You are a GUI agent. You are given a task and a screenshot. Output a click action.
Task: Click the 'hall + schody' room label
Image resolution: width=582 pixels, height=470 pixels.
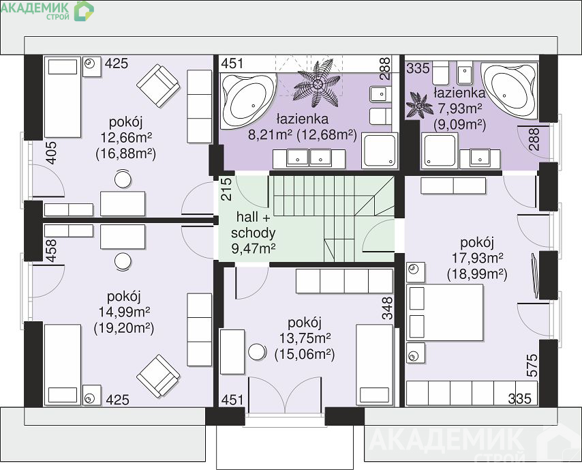pos(253,225)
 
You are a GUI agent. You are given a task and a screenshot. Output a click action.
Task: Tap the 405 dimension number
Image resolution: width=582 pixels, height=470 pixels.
pos(51,153)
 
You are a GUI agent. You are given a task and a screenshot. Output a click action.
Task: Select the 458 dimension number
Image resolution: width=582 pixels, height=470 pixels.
pos(51,250)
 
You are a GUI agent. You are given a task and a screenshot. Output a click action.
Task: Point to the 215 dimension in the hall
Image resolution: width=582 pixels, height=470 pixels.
pos(226,189)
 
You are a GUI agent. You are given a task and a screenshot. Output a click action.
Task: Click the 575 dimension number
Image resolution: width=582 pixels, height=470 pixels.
pos(532,366)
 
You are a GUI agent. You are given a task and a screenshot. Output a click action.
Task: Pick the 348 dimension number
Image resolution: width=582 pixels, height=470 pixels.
pos(387,308)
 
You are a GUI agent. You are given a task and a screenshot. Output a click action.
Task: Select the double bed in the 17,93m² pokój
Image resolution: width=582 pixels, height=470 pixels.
pos(445,312)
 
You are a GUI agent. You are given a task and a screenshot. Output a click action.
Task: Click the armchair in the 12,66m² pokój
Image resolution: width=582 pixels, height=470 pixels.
pos(159,86)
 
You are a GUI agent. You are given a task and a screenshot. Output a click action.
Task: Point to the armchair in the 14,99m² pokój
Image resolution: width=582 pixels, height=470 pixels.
pos(159,376)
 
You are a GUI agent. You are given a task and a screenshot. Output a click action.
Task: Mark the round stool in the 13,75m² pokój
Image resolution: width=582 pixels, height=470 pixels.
pos(257,351)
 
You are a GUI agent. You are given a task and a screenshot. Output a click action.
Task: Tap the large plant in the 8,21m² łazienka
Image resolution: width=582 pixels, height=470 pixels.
pos(317,85)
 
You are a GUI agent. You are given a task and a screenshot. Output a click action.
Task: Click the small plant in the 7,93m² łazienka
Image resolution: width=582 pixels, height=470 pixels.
pos(419,106)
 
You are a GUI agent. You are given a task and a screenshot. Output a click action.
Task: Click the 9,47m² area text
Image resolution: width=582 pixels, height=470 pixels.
pos(253,248)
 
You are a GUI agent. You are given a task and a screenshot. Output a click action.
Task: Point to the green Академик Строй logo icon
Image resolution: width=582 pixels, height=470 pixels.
pos(84,10)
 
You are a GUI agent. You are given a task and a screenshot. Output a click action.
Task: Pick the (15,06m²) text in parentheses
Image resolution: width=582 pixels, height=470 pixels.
pos(305,355)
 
